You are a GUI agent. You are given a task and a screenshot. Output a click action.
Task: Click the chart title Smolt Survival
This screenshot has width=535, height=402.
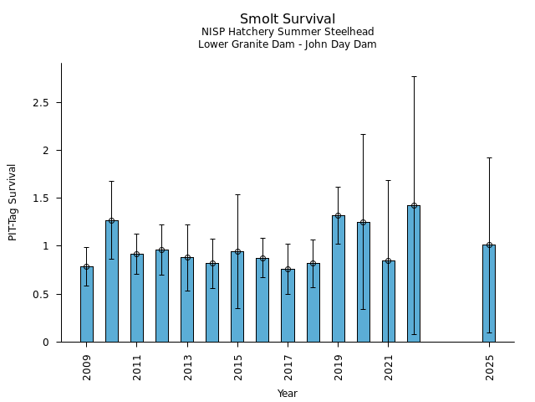pos(288,19)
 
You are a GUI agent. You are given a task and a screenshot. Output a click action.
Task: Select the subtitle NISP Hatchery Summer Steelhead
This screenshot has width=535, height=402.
pos(288,32)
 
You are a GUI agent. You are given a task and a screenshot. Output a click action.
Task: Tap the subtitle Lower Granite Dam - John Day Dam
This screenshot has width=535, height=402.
pos(288,44)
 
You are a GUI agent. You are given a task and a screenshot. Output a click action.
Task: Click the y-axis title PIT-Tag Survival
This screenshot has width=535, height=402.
pos(13,202)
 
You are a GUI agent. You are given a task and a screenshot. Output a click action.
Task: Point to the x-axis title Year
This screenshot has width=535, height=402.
pos(288,394)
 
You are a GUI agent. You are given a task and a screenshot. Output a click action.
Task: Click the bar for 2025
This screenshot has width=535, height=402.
pos(489,293)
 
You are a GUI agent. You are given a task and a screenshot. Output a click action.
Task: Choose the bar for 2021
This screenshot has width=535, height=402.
pos(388,301)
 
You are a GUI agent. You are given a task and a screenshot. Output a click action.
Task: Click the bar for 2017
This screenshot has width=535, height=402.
pos(288,306)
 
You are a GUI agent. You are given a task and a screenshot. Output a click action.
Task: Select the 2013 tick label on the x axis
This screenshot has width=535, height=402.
pos(187,367)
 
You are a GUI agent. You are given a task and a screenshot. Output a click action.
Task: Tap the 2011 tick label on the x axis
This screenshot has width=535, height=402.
pos(137,367)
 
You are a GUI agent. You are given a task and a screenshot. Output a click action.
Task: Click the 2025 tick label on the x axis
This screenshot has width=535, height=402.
pos(489,367)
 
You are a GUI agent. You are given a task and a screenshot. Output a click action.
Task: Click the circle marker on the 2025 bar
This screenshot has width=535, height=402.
pos(489,245)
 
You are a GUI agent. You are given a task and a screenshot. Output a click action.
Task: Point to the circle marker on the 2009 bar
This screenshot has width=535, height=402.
pos(86,266)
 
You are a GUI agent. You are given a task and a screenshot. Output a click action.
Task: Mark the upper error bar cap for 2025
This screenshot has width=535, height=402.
pos(489,157)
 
